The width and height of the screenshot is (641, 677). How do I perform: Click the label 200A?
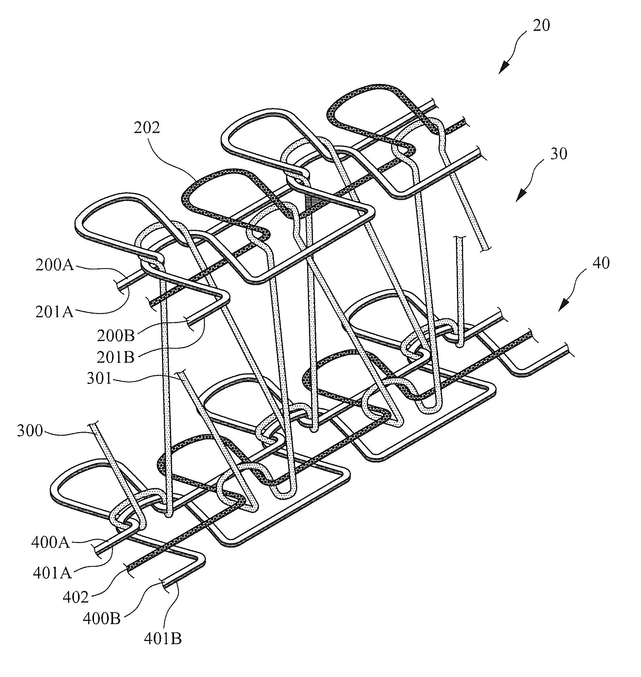tap(54, 266)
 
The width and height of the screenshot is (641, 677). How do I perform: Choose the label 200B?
tap(116, 336)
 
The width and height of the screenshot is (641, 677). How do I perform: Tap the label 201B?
tap(116, 357)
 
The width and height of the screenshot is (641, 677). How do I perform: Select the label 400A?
tap(50, 543)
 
